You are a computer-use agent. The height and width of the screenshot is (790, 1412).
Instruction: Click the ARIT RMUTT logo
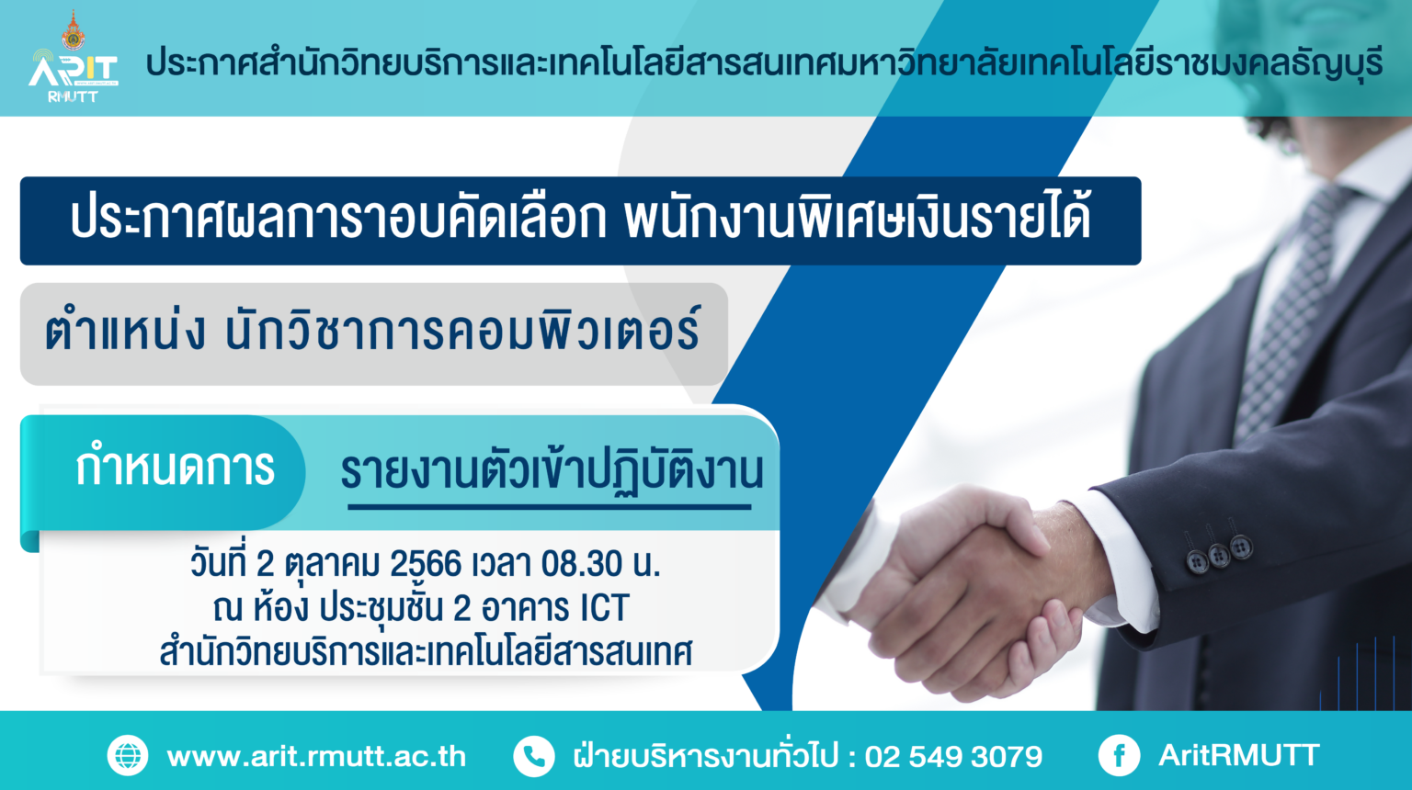[x=74, y=75]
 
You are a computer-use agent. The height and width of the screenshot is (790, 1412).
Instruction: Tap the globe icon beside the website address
[x=128, y=755]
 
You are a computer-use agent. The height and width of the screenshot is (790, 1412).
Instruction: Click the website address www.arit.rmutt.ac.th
[x=316, y=756]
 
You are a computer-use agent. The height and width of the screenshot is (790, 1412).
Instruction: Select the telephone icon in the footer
[x=534, y=755]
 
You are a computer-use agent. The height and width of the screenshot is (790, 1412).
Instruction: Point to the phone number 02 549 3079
[x=953, y=756]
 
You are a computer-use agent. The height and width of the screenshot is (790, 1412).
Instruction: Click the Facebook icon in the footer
[x=1120, y=755]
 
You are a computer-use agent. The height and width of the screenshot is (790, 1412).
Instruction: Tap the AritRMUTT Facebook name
[x=1239, y=755]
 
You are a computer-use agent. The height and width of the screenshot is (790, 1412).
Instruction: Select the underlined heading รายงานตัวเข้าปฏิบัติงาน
[x=552, y=472]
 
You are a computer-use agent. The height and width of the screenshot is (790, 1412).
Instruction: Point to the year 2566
[x=426, y=564]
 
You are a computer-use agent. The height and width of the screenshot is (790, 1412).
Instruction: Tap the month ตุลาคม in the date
[x=332, y=564]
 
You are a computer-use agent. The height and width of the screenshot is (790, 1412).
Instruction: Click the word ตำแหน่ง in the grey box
[x=124, y=331]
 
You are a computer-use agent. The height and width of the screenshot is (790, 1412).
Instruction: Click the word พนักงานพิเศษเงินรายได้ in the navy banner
[x=858, y=218]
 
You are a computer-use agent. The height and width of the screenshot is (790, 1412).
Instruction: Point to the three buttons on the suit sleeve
[x=1218, y=552]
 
